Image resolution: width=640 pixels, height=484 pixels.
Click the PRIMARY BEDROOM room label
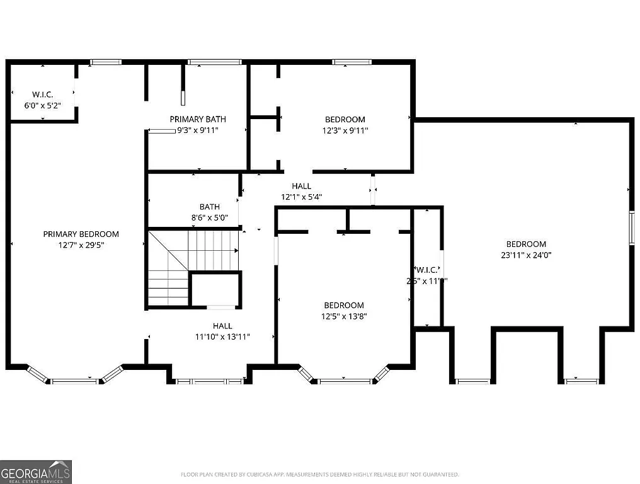(81, 234)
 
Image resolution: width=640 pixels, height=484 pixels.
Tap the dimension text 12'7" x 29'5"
(81, 245)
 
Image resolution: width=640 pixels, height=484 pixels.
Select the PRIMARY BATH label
(198, 119)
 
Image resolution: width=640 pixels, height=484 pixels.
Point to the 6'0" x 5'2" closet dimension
(43, 106)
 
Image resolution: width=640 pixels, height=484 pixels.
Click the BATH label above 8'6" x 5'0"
(210, 207)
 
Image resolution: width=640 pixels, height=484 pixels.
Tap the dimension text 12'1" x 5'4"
(301, 197)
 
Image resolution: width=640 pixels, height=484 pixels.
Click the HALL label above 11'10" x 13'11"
(222, 326)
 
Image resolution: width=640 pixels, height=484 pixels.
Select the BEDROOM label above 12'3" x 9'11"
(345, 120)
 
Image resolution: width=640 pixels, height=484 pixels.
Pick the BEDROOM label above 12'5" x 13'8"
(344, 306)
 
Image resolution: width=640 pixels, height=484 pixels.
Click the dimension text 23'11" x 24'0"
(526, 255)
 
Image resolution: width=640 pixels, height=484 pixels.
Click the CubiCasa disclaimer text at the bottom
(320, 475)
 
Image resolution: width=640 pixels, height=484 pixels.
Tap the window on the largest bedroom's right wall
(631, 228)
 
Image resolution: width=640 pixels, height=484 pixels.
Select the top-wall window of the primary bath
(215, 62)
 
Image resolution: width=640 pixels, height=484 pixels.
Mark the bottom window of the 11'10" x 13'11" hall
(209, 381)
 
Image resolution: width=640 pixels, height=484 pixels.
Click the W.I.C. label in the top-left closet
(43, 95)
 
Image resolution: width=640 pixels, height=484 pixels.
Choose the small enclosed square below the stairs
(215, 289)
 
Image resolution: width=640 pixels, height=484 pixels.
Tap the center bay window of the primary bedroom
(74, 381)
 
